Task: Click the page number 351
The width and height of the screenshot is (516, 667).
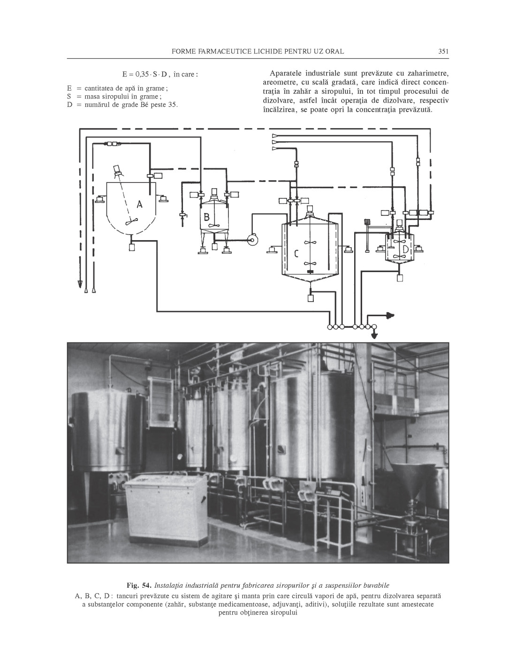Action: [444, 51]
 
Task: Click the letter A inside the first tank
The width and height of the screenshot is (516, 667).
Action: [139, 204]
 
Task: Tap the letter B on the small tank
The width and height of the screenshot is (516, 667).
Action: [206, 217]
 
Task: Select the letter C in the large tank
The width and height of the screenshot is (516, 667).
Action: [296, 254]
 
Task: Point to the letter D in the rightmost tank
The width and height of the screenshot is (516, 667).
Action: [405, 249]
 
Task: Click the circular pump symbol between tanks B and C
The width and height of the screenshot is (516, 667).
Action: [253, 240]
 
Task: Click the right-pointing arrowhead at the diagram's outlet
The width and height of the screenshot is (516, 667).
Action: [390, 315]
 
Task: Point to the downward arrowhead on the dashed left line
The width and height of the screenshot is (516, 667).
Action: [80, 283]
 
